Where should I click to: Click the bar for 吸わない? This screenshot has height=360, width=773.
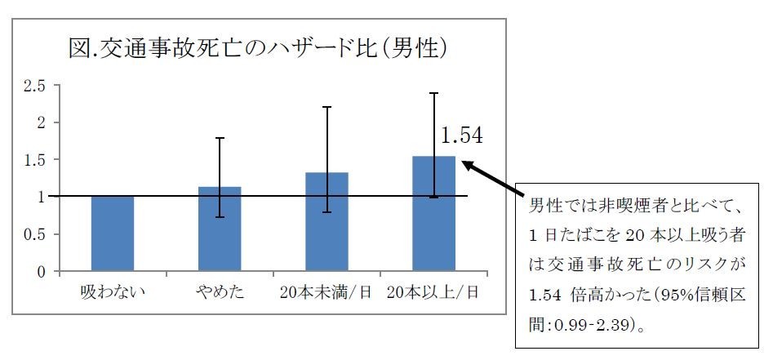[113, 233]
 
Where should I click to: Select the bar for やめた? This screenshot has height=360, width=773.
[220, 229]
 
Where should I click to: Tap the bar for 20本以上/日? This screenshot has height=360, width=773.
[433, 214]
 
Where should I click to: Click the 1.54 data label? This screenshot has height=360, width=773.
[461, 136]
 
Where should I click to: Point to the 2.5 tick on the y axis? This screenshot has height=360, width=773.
[35, 86]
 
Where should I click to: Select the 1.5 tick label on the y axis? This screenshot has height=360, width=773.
[35, 160]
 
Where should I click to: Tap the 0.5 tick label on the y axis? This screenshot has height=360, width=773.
[35, 234]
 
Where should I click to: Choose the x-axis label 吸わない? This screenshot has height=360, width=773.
[113, 291]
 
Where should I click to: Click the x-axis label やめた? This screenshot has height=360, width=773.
[220, 291]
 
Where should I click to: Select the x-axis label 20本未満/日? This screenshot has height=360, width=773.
[327, 291]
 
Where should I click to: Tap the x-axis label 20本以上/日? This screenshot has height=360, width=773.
[433, 291]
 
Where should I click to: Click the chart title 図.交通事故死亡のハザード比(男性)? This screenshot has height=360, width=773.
[258, 48]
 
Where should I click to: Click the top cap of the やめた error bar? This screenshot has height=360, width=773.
[220, 138]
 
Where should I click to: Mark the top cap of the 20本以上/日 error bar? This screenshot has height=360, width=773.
[433, 93]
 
